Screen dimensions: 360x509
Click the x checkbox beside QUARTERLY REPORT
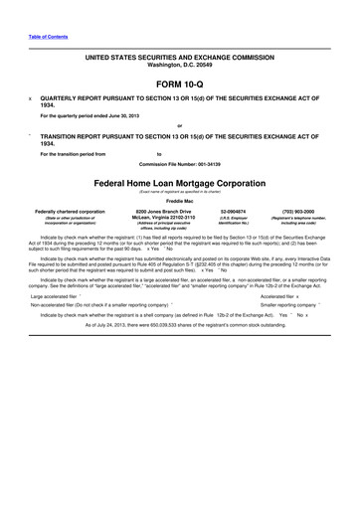click(31, 100)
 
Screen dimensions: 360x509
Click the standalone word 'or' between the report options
click(179, 125)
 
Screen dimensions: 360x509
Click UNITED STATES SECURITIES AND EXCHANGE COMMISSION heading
click(179, 58)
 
